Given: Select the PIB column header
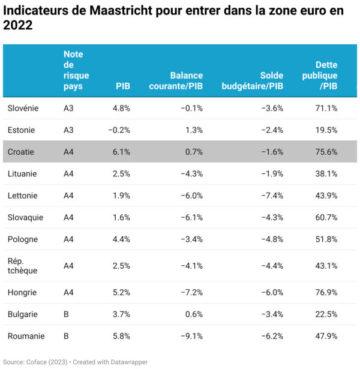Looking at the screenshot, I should (x=122, y=86).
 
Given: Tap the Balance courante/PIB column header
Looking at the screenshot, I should (x=186, y=81).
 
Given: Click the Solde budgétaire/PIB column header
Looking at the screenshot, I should (x=253, y=81).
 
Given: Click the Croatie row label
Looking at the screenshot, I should (x=21, y=152).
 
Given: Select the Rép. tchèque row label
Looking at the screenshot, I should (x=23, y=266).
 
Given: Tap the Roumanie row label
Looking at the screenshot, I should (x=26, y=337).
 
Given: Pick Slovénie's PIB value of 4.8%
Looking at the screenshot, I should (x=121, y=109).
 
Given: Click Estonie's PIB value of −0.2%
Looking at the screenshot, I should (x=119, y=130).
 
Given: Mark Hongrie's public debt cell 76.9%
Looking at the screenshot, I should (x=326, y=293).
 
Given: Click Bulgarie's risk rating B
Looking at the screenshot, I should (x=66, y=314).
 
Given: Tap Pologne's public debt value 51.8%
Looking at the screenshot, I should (x=326, y=239).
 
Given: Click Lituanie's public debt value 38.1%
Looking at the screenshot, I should (x=326, y=174).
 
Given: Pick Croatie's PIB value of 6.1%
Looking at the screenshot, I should (x=121, y=152).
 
